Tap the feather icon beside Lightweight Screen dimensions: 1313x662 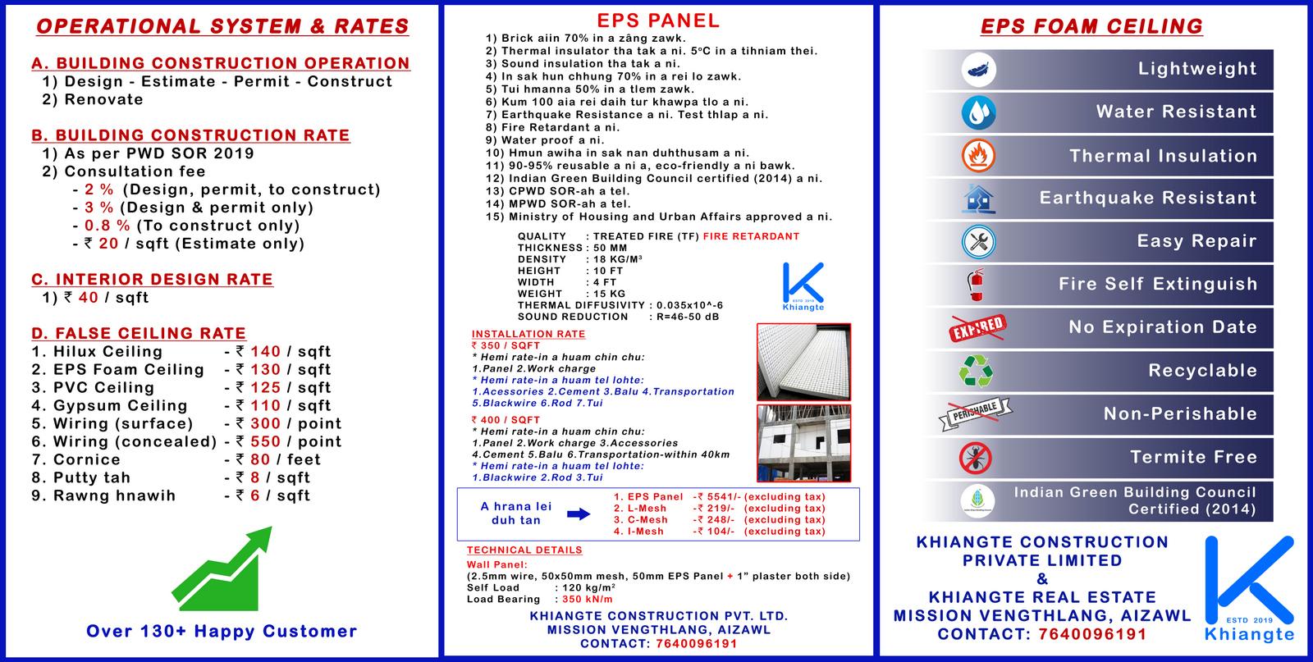coord(978,70)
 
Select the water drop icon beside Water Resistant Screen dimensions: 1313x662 coord(978,112)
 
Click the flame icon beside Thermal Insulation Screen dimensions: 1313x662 coord(978,156)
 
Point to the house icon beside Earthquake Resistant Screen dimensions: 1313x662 coord(978,199)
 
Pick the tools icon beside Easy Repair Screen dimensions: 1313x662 coord(978,241)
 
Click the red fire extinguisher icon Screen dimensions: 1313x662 coord(976,285)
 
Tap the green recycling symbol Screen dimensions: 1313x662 coord(976,371)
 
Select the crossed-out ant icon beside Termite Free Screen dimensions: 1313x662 coord(976,458)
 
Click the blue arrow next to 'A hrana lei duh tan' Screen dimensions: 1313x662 coord(579,514)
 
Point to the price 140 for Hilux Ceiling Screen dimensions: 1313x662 coord(266,351)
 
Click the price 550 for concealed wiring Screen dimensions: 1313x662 coord(266,441)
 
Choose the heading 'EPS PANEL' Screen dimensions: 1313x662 coord(657,21)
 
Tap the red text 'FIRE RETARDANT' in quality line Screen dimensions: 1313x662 coord(751,236)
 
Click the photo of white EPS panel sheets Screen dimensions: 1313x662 coord(803,362)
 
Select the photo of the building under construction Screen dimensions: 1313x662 coord(803,443)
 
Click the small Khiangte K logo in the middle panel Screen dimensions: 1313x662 coord(803,286)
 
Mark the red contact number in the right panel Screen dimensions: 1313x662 coord(1092,634)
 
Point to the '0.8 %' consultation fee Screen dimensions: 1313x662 coord(108,226)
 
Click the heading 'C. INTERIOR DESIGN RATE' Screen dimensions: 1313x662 coord(153,280)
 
